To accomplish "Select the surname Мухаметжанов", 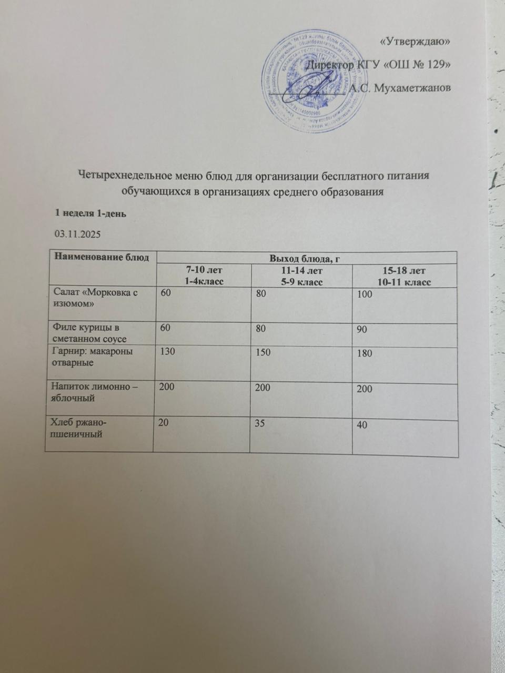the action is (412, 88).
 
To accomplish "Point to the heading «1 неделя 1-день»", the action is (90, 213).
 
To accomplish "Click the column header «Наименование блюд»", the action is (100, 257).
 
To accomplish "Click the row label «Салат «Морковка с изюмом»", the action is (94, 298).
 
